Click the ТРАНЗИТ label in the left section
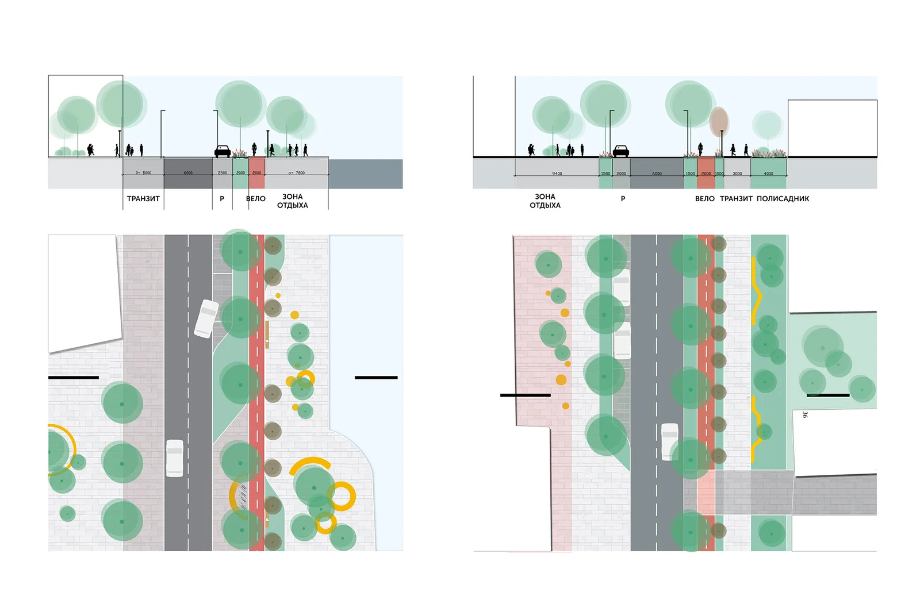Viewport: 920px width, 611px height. click(143, 199)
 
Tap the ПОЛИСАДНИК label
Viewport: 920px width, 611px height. click(783, 199)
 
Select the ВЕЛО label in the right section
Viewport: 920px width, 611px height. click(704, 199)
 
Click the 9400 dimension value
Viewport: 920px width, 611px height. click(557, 174)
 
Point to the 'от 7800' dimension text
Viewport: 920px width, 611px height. click(297, 173)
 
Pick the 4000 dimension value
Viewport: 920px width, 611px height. click(768, 174)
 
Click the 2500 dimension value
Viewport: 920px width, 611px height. click(223, 173)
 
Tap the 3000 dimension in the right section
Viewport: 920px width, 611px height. click(737, 174)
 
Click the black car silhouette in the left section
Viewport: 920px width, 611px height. click(223, 151)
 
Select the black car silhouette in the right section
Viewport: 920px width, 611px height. click(621, 151)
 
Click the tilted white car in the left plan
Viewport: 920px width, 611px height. click(206, 318)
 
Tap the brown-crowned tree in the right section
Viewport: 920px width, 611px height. click(719, 122)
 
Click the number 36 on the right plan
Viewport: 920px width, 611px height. click(804, 414)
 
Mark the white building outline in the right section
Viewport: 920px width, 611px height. click(832, 128)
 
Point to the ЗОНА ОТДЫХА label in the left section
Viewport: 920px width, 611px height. click(292, 201)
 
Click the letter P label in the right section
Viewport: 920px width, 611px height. click(623, 199)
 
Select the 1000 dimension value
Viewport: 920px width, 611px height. click(719, 174)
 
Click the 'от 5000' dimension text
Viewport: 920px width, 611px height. click(143, 173)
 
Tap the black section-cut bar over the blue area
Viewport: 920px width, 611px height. click(376, 378)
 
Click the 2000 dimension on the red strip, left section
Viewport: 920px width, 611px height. click(256, 173)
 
